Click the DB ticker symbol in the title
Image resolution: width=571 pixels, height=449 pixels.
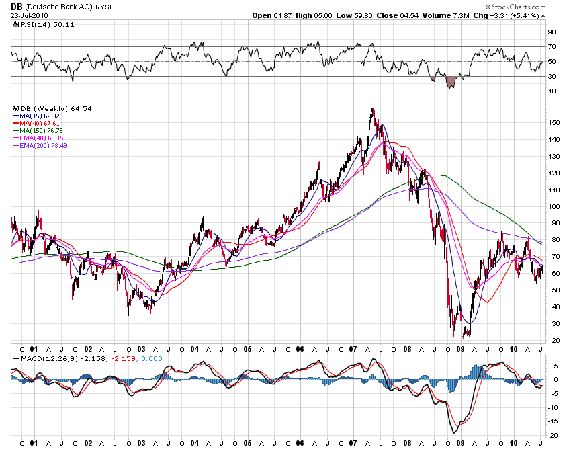(16, 6)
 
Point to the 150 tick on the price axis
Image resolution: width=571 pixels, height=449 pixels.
(553, 122)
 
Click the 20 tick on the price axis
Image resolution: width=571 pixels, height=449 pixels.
(552, 340)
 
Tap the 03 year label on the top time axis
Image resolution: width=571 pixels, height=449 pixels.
(141, 350)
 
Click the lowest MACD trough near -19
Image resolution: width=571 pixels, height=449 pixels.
(456, 431)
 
